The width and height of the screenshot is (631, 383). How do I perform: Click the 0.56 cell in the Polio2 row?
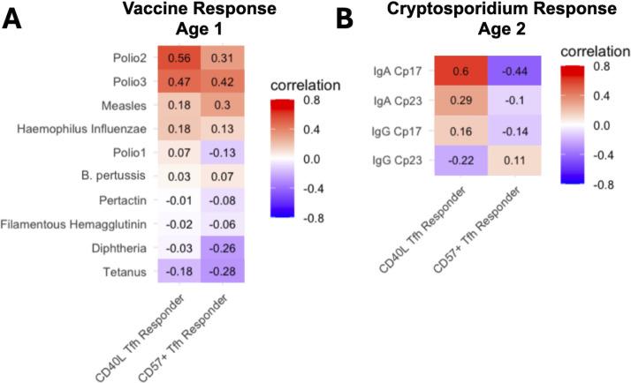(x=181, y=57)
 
